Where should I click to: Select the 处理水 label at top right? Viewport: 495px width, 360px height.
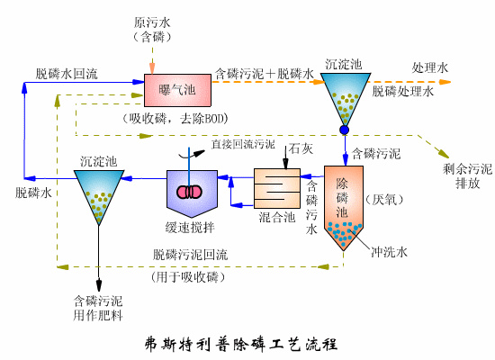click(429, 67)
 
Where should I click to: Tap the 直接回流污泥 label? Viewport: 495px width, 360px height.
click(243, 143)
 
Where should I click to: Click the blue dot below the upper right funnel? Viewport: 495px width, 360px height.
click(344, 130)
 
